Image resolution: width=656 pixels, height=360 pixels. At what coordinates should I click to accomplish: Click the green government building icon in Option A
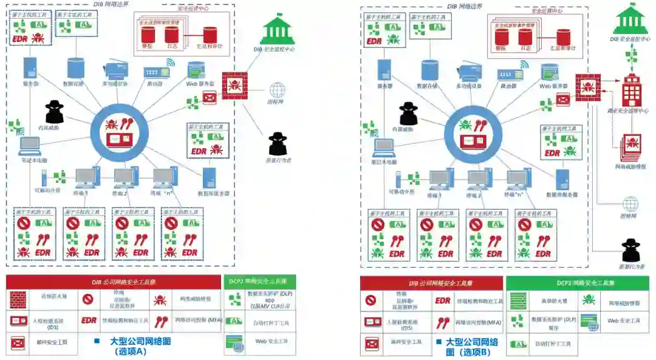[277, 30]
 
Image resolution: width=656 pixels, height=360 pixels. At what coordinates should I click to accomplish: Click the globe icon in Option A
[278, 90]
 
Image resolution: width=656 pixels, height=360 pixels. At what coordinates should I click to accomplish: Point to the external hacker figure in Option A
[278, 144]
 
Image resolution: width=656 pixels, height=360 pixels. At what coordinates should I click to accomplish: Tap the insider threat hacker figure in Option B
[409, 114]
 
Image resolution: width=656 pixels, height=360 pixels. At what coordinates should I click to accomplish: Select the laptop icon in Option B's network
[383, 146]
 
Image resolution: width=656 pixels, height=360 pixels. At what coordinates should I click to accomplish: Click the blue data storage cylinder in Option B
[430, 69]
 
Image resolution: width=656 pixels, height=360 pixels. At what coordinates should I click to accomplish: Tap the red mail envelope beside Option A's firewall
[210, 97]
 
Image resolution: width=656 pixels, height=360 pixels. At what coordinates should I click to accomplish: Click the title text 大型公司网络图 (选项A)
[140, 346]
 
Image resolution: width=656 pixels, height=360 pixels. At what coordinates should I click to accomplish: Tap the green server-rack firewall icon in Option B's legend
[518, 300]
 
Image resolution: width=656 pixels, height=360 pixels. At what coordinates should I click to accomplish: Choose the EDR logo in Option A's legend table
[89, 321]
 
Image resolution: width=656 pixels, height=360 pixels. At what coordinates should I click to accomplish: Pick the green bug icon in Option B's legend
[588, 299]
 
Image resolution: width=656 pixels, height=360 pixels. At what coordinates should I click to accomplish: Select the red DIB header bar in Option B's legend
[431, 283]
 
